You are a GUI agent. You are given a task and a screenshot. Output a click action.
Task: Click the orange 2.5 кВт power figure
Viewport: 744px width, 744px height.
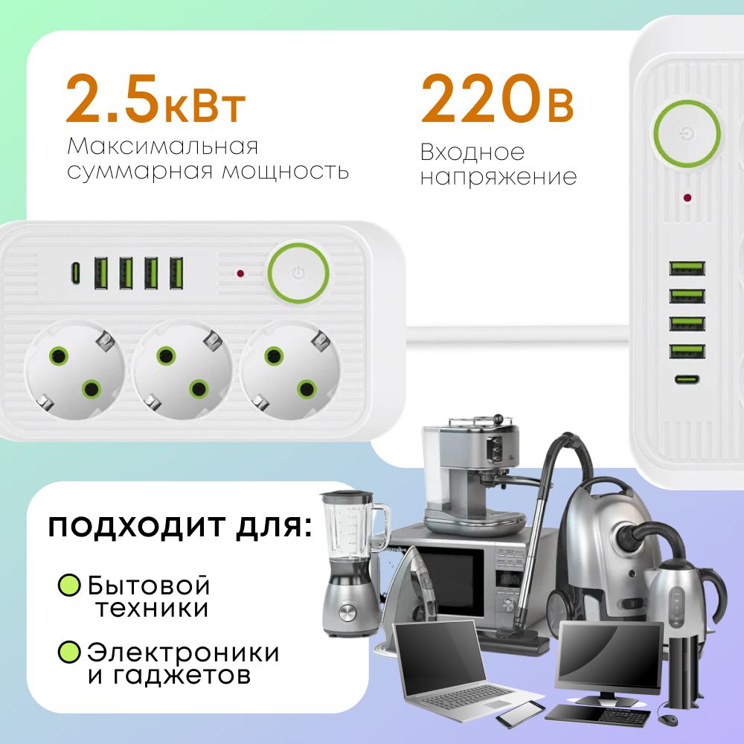pos(155,99)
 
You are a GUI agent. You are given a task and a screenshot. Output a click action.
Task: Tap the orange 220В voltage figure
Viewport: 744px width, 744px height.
pos(497,99)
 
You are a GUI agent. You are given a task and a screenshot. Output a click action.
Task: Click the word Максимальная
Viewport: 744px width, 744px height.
pos(163,146)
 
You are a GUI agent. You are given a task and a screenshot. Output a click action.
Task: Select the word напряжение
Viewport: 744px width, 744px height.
pos(498,178)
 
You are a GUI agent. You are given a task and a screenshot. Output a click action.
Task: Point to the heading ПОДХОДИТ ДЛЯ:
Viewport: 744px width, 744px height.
pos(180,527)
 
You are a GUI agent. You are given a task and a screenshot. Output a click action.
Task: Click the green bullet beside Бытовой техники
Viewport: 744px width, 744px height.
pos(69,585)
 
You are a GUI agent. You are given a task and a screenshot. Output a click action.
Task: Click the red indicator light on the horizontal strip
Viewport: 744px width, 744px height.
pos(240,273)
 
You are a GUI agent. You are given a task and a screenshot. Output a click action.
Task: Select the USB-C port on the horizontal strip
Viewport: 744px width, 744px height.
pos(75,273)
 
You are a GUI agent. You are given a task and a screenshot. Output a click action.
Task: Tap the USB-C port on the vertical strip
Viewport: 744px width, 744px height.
pos(687,379)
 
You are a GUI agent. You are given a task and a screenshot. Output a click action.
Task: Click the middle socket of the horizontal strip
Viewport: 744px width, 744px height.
pos(182,370)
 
